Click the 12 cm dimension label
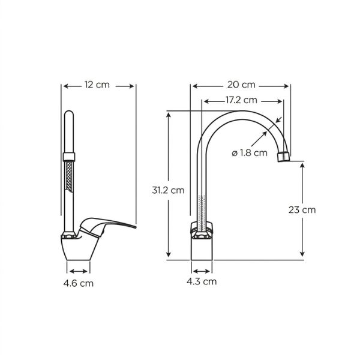97,85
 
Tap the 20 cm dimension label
241,85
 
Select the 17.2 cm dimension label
241,100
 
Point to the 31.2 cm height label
168,190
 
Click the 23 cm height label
302,209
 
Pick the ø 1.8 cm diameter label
250,152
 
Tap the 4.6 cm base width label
79,283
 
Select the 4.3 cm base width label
202,281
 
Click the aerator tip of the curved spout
284,157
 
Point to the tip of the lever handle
135,227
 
